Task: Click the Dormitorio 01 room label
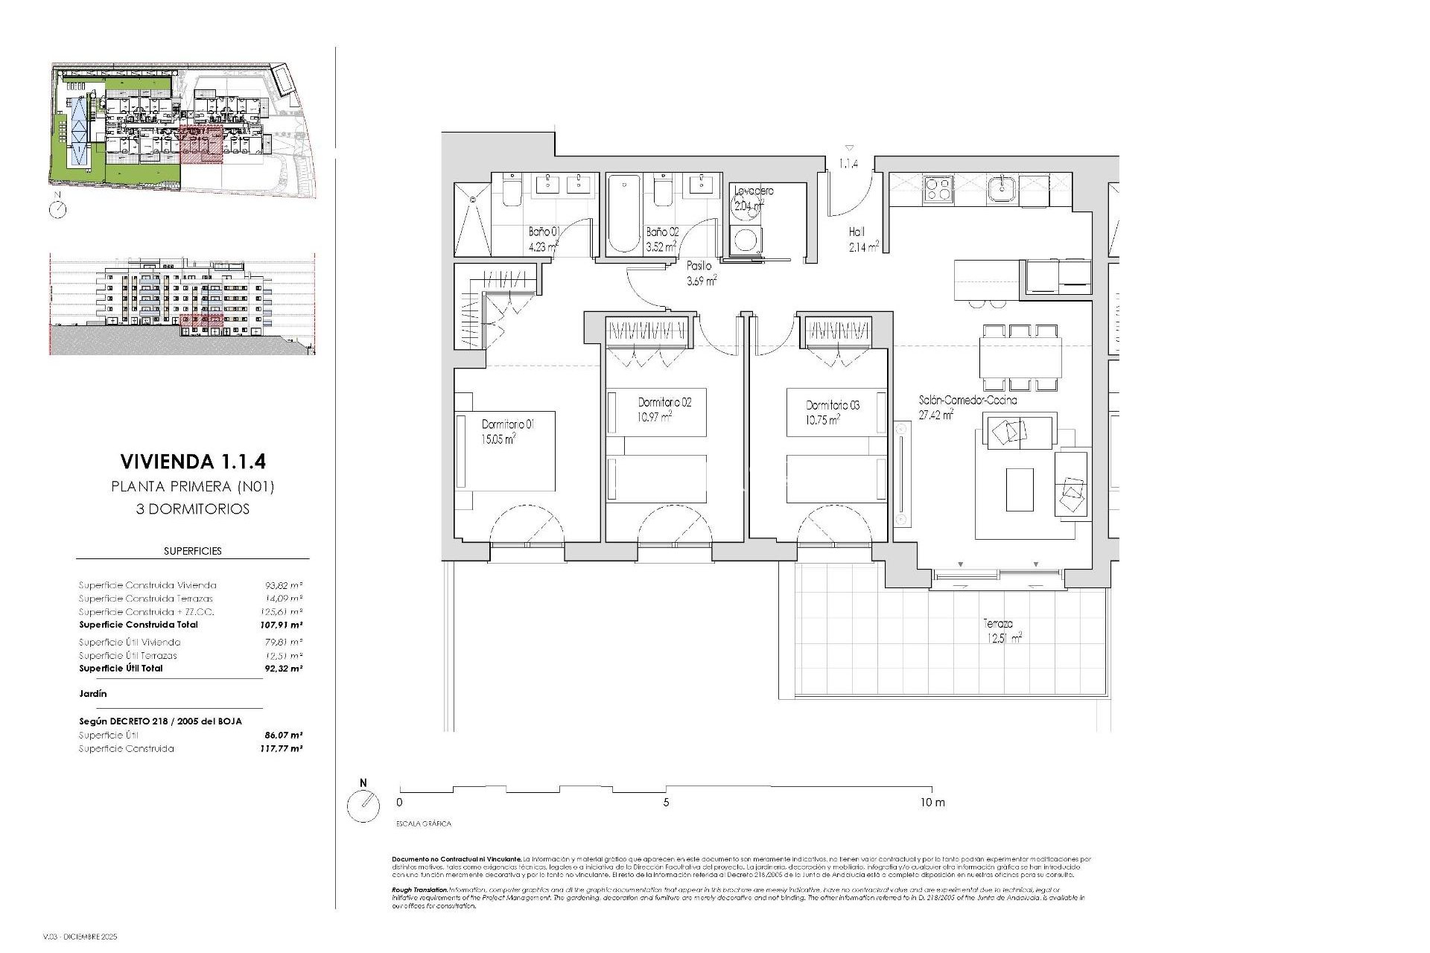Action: click(x=508, y=424)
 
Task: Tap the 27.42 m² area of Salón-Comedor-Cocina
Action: click(x=936, y=415)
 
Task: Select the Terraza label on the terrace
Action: click(x=997, y=624)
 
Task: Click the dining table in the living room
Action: click(x=1020, y=358)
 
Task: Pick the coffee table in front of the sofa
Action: click(x=1020, y=488)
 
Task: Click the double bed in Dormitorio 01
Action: click(x=506, y=450)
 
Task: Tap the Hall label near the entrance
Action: click(x=856, y=232)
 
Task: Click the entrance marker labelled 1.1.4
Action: click(x=849, y=163)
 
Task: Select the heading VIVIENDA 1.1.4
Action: click(x=192, y=462)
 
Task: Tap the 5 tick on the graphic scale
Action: click(x=666, y=803)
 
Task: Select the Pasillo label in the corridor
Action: click(x=699, y=266)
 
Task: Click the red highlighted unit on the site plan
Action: click(x=202, y=144)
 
